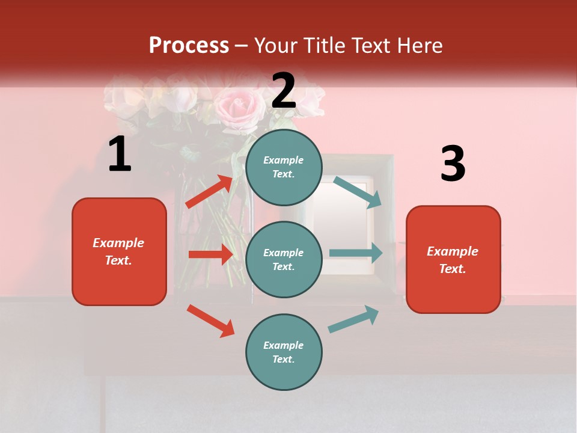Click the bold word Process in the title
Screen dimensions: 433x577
[189, 45]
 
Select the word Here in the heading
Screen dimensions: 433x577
[420, 45]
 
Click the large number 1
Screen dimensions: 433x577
[120, 155]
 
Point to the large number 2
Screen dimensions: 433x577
[284, 91]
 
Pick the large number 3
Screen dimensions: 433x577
[453, 164]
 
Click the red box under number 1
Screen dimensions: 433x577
[119, 251]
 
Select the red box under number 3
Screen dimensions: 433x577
[453, 259]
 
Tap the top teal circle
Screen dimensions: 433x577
[284, 167]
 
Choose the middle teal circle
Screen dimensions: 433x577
[284, 259]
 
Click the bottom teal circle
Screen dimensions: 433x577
[284, 352]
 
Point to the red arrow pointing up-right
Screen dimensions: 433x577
[209, 191]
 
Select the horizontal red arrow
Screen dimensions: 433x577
[210, 254]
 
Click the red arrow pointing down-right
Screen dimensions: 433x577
[210, 321]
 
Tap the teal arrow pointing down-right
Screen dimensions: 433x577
[358, 192]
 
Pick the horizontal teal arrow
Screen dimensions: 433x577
[356, 253]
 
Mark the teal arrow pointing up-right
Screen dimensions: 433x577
[353, 319]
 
